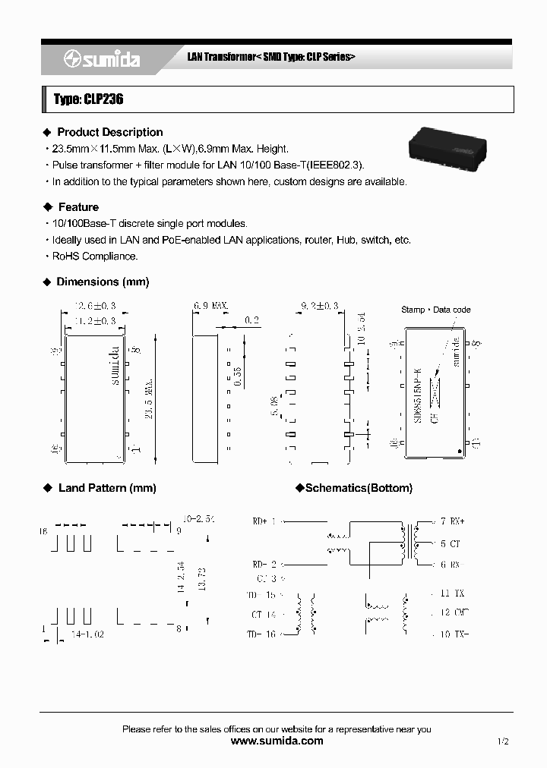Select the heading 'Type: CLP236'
pos(89,99)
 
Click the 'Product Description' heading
pos(109,132)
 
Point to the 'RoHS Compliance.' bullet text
pos(95,257)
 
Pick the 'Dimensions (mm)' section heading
pos(103,282)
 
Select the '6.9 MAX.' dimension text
pos(211,306)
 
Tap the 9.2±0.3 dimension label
pos(318,306)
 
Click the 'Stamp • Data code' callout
pos(435,310)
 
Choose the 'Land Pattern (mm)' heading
pos(106,488)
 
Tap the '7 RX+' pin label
pos(452,521)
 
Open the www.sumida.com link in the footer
pos(277,741)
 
